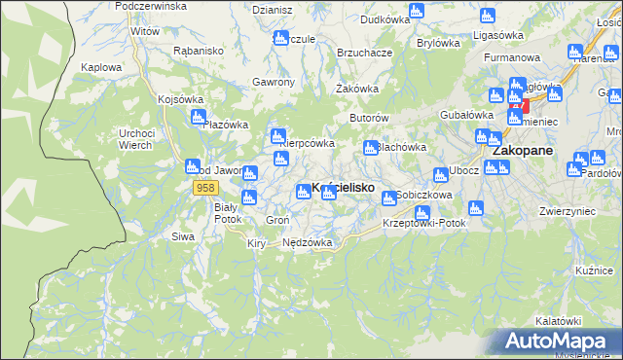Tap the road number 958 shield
[204, 188]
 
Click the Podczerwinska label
[150, 6]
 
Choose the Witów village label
[145, 31]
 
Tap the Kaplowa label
[101, 67]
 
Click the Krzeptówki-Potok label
[424, 223]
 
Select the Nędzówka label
[307, 242]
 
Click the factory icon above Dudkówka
[416, 11]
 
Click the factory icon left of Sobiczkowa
[389, 198]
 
